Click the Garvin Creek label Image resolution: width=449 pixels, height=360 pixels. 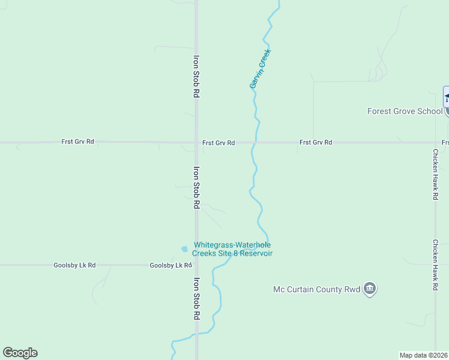(261, 69)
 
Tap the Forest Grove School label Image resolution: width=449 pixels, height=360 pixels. (405, 111)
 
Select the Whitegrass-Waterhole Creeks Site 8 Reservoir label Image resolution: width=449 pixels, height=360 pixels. (232, 249)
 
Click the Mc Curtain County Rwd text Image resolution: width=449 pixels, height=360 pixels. (316, 289)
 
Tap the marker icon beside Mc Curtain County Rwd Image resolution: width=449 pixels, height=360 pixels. (370, 289)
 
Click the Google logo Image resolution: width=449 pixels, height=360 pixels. (20, 353)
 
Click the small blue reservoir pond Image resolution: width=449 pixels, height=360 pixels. (184, 249)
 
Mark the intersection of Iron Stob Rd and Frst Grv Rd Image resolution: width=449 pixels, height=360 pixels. (196, 143)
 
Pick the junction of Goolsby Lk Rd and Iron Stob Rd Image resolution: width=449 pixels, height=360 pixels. (196, 265)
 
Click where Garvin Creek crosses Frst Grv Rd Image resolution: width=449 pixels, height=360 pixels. (255, 143)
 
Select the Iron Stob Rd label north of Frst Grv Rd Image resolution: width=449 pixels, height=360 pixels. (196, 77)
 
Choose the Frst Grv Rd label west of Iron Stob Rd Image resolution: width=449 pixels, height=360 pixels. (77, 142)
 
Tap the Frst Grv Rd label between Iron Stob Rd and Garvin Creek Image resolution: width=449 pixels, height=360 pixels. (218, 143)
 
